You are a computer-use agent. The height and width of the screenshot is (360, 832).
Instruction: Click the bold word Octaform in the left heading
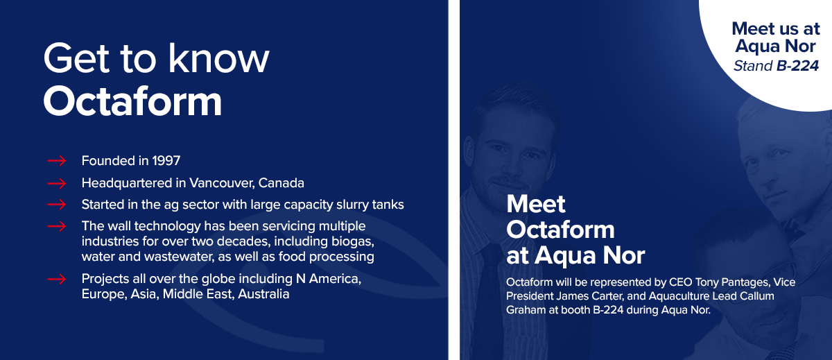coord(132,101)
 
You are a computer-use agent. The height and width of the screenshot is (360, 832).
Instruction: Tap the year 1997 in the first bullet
coord(166,161)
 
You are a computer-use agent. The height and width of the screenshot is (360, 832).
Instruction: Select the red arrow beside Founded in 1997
coord(56,161)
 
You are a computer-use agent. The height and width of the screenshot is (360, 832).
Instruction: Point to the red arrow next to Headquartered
coord(56,183)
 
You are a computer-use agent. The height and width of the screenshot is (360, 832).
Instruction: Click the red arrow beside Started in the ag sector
coord(56,205)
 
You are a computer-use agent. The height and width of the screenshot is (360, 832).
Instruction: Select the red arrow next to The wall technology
coord(56,226)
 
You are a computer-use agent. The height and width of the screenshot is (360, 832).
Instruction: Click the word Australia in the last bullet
coord(263,294)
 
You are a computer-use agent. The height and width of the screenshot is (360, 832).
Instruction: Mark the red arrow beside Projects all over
coord(56,279)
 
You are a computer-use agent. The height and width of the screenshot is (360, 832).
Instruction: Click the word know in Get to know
coord(219,58)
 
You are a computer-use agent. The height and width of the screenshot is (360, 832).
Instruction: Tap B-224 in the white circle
coord(797,66)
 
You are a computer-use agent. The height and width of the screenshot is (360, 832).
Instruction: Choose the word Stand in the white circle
coord(753,66)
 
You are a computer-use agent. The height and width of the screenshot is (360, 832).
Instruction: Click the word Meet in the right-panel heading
coord(535,204)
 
